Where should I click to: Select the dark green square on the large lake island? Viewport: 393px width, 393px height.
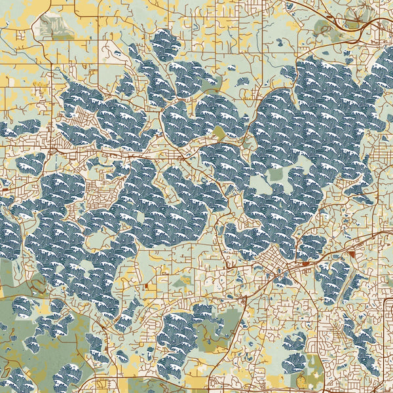(276, 174)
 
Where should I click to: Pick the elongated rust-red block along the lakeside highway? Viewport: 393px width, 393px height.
(305, 263)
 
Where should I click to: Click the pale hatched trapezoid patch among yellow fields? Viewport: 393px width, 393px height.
(56, 26)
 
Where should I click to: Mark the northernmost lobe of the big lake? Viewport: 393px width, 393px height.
(164, 43)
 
